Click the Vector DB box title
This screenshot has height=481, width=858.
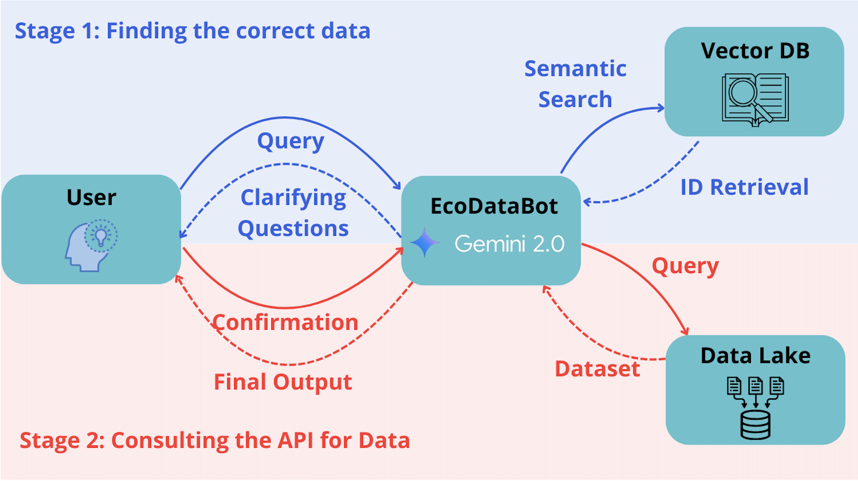pyautogui.click(x=755, y=51)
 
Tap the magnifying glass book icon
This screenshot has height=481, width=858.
pyautogui.click(x=755, y=99)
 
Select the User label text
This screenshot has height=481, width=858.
pyautogui.click(x=91, y=197)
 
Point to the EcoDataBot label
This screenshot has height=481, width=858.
pyautogui.click(x=494, y=206)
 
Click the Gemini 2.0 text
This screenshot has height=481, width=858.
pyautogui.click(x=509, y=244)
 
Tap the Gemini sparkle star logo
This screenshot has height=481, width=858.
pyautogui.click(x=424, y=242)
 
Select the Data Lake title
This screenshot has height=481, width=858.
pyautogui.click(x=756, y=356)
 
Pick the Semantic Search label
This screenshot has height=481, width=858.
pyautogui.click(x=575, y=84)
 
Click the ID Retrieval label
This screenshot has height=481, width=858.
pyautogui.click(x=744, y=187)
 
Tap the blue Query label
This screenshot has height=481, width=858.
pyautogui.click(x=290, y=141)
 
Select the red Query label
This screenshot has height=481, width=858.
pyautogui.click(x=685, y=266)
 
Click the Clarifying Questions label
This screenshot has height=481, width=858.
pyautogui.click(x=293, y=213)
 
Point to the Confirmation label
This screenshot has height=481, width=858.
pyautogui.click(x=285, y=322)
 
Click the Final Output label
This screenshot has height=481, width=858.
pyautogui.click(x=283, y=382)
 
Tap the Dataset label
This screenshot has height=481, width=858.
pyautogui.click(x=598, y=369)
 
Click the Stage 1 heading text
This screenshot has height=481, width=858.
pyautogui.click(x=192, y=31)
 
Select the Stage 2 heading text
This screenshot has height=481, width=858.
pyautogui.click(x=214, y=440)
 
